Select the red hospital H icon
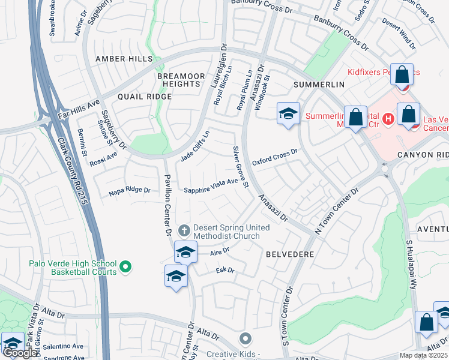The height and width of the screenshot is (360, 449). (388, 119)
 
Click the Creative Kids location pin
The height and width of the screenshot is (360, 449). (244, 340)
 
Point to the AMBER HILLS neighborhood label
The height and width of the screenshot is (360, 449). (124, 59)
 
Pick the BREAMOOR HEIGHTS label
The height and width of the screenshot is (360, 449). (178, 80)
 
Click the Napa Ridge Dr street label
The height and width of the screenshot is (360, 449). (129, 191)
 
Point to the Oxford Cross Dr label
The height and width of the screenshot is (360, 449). (274, 158)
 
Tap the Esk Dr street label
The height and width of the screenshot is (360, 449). (225, 271)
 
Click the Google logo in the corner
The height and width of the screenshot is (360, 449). (20, 353)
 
